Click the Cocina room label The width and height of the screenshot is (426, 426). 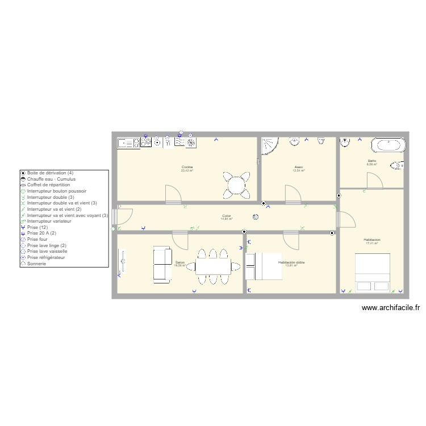click(x=187, y=167)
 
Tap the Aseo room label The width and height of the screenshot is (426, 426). click(x=298, y=167)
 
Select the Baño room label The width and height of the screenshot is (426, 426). click(x=371, y=161)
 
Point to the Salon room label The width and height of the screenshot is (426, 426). click(x=179, y=262)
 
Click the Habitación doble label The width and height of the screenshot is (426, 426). click(x=291, y=262)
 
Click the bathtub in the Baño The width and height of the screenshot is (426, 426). click(x=389, y=145)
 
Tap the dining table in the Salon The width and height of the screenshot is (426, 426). click(x=213, y=266)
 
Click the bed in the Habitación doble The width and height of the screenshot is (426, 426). click(x=264, y=266)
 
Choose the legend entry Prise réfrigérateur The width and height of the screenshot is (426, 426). click(x=46, y=257)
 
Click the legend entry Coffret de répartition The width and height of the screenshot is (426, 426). click(x=48, y=185)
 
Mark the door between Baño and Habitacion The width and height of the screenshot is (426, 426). click(x=375, y=181)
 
